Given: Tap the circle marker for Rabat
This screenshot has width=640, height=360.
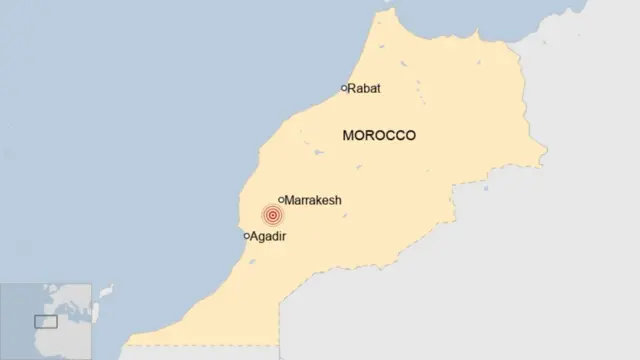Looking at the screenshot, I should point(344,88).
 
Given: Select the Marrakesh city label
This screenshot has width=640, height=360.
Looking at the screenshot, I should point(313,200).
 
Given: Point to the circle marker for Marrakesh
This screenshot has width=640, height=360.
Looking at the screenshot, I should point(281,200).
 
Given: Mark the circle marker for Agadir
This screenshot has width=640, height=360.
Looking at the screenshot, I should point(247,236).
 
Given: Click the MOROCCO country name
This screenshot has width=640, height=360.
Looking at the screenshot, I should point(379,135).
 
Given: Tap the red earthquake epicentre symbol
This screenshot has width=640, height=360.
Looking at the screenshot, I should point(272,215).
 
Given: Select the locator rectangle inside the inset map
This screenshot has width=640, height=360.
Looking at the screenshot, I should point(46,321).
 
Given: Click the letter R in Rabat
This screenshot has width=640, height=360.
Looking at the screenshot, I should point(352,88).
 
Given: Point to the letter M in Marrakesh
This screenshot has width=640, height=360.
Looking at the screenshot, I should point(290,200).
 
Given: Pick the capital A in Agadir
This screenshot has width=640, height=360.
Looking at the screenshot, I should point(255,237).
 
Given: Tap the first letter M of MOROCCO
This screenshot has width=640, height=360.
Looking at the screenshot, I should point(347,135).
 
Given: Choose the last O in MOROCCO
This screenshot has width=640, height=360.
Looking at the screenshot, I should point(410,135).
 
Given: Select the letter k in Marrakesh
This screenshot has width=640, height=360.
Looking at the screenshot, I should point(319,200).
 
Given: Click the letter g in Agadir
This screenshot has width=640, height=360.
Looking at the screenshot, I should point(263,238).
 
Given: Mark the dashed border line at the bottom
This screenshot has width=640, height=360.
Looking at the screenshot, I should point(200,346).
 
